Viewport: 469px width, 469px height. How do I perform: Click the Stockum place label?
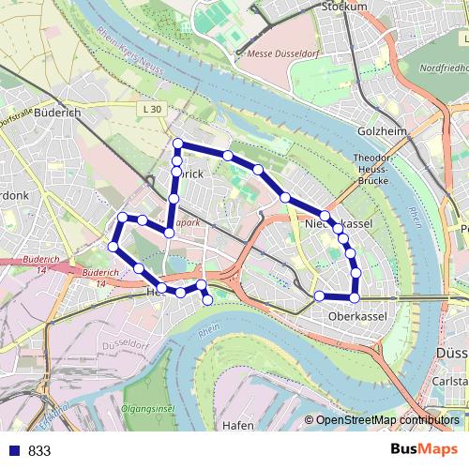pos(343,6)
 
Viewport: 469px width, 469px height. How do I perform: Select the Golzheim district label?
pos(383,131)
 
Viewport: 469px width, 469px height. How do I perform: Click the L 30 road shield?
pos(153,110)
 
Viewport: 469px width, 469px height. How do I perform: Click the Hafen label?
pos(238,425)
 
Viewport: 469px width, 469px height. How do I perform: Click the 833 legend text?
pos(39,450)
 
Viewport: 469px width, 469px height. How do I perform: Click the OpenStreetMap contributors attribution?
pos(387,420)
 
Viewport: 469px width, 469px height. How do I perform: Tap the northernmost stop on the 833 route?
pos(177,144)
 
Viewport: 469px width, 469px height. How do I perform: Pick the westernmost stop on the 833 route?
pos(113,247)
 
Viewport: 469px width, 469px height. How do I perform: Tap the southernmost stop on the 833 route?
pos(207,299)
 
